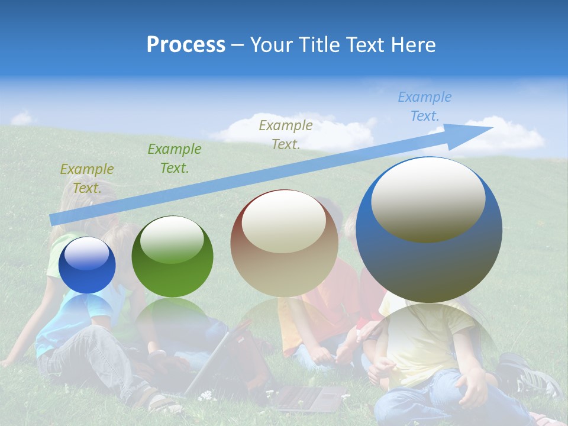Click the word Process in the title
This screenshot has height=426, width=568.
[x=186, y=45]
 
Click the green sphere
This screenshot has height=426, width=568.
[x=172, y=256]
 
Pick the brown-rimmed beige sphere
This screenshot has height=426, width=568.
[x=284, y=243]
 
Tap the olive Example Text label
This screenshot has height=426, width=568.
[x=86, y=178]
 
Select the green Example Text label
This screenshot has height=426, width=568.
[x=174, y=158]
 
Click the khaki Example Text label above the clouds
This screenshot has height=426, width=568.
[x=286, y=134]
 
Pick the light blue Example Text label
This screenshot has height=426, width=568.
[x=424, y=106]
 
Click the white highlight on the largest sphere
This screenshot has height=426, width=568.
[x=428, y=199]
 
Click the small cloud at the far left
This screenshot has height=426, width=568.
[x=22, y=119]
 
